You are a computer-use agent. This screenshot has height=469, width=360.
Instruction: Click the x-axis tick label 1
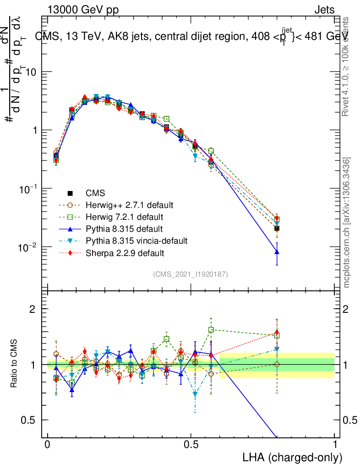335,445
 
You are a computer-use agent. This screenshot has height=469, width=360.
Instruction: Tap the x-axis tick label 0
48,445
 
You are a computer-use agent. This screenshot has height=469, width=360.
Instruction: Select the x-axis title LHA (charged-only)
293,457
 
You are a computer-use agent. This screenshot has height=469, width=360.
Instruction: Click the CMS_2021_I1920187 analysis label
191,274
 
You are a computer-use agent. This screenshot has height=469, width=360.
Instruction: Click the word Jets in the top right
324,10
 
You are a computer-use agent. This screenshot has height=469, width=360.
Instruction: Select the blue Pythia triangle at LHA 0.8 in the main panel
277,251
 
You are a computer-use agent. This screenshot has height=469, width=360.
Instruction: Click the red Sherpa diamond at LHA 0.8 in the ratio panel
277,333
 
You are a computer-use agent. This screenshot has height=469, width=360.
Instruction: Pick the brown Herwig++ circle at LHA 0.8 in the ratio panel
277,364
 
